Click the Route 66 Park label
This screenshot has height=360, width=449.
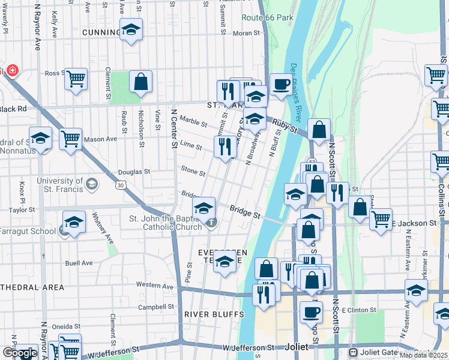click(267, 17)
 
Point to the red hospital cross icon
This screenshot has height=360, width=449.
click(12, 71)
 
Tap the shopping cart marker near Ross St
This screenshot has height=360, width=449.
click(76, 78)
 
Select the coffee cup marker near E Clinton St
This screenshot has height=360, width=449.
click(310, 311)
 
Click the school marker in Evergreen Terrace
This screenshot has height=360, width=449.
click(224, 262)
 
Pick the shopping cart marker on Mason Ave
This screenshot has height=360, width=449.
click(71, 138)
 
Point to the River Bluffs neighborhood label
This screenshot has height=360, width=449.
click(214, 314)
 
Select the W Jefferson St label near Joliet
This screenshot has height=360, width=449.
click(247, 348)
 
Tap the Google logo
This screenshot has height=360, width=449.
click(20, 353)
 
